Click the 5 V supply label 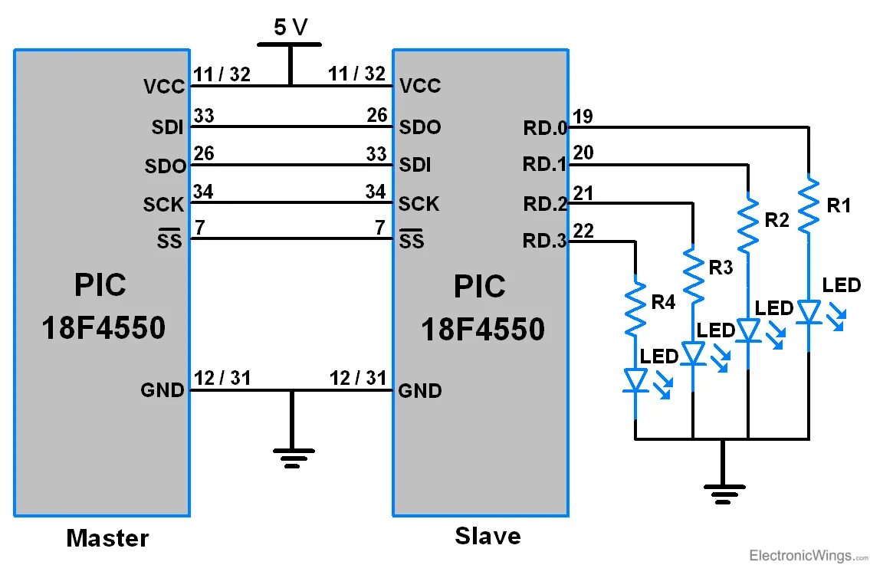290,28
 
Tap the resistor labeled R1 809,205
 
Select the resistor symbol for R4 635,307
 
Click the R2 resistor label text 776,221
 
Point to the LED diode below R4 635,380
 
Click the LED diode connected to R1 809,312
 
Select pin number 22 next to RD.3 583,230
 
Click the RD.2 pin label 544,205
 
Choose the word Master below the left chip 107,538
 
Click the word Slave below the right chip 488,536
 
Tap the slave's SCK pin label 419,204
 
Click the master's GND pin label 163,390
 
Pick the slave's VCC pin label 420,86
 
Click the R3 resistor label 721,268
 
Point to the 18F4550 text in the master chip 103,328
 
